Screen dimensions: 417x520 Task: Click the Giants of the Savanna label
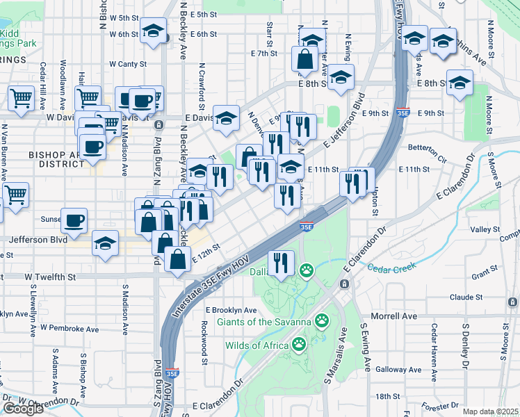[x=264, y=321]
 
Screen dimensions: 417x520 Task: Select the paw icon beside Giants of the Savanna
[x=322, y=320]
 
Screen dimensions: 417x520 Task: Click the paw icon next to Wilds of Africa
[x=299, y=344]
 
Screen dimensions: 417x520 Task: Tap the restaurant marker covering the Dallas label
[x=281, y=263]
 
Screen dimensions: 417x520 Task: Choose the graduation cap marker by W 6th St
[x=152, y=31]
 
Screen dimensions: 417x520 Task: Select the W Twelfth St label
[x=50, y=277]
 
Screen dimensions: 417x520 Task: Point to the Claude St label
[x=466, y=297]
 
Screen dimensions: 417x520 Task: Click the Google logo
[x=23, y=409]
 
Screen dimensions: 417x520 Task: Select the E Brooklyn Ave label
[x=231, y=311]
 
